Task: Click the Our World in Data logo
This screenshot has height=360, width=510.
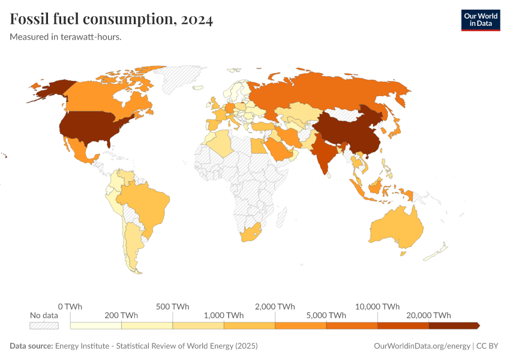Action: point(480,20)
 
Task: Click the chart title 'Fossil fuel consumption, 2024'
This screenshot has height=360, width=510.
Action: point(111,20)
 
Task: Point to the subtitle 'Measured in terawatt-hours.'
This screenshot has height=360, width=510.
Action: point(66,37)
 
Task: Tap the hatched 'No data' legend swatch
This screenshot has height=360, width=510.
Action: point(44,325)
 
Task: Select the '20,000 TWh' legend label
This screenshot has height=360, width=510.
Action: point(429,315)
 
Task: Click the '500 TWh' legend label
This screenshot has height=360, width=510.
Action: point(172,306)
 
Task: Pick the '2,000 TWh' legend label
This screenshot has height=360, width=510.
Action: point(275,306)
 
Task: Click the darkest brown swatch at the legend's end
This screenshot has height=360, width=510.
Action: point(454,325)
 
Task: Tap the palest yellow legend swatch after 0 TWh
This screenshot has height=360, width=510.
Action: point(96,325)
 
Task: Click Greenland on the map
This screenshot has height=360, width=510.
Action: point(183,78)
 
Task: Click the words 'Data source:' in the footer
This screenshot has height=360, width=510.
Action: point(31,346)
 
